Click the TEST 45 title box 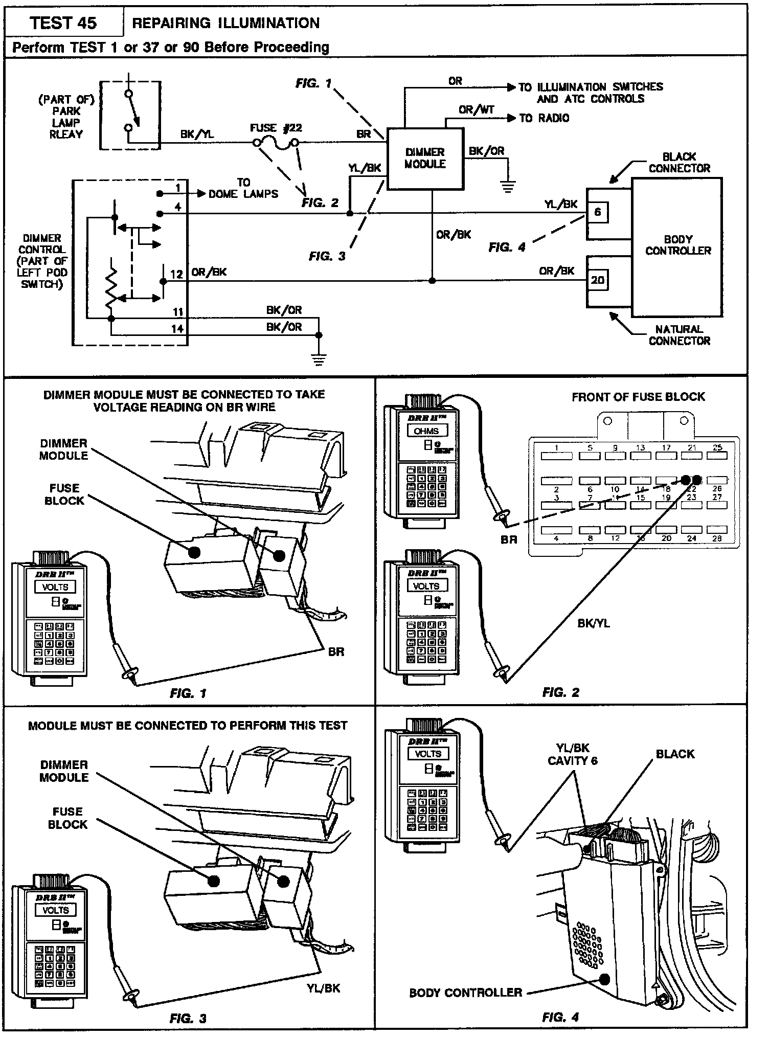tap(63, 23)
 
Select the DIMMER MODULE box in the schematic tap(425, 159)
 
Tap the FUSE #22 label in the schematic tap(276, 128)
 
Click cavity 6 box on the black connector tap(598, 212)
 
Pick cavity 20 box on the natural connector tap(598, 280)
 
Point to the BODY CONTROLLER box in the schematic tap(677, 245)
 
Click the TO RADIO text tap(544, 118)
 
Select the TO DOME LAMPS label tap(243, 188)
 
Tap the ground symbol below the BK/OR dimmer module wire tap(508, 188)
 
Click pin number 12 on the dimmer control tap(177, 275)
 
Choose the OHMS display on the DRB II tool tap(426, 431)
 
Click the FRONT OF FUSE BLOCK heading tap(638, 397)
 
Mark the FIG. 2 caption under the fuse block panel tap(561, 693)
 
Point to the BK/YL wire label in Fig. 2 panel tap(593, 623)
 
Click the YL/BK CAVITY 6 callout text tap(572, 754)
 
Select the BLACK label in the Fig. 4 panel tap(675, 754)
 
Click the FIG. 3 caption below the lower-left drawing tap(188, 1018)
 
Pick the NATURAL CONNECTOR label tap(679, 335)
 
